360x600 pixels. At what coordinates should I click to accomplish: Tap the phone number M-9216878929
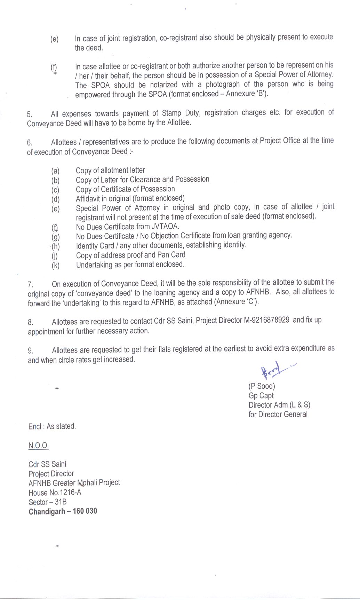[267, 320]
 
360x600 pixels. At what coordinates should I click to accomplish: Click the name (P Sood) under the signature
[262, 386]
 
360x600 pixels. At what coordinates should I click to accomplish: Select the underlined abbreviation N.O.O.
[39, 445]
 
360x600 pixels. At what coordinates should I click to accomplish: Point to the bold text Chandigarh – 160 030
[63, 511]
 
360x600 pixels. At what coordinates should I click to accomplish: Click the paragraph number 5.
[30, 114]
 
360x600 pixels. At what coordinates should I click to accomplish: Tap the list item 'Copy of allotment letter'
[110, 170]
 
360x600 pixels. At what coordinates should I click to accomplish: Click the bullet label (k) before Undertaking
[55, 266]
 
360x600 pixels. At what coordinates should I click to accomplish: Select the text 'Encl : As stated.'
[52, 426]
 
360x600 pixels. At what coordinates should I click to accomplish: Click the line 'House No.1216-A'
[55, 492]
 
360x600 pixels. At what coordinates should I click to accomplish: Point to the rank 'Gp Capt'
[261, 396]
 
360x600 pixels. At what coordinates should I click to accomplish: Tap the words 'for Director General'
[278, 415]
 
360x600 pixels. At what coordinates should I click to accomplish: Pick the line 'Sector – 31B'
[48, 502]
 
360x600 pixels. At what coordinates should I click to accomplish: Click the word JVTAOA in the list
[165, 227]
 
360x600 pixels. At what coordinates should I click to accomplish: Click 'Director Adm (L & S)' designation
[279, 405]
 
